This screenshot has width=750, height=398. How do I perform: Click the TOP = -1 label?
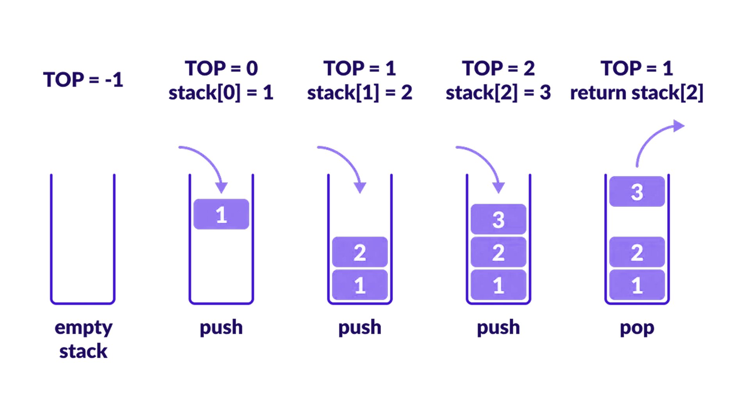click(x=83, y=80)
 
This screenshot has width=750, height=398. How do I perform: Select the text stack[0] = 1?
click(x=221, y=93)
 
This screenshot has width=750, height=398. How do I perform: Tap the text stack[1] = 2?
click(x=359, y=93)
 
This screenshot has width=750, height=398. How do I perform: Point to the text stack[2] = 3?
click(x=498, y=93)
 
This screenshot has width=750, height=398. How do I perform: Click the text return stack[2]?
click(x=637, y=93)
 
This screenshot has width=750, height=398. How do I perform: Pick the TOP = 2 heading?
click(x=498, y=68)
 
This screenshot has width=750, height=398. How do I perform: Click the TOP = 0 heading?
click(x=221, y=68)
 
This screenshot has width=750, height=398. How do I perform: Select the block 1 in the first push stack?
click(x=221, y=214)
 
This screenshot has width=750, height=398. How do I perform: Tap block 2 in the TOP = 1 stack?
click(x=360, y=252)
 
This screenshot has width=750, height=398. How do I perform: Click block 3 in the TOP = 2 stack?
click(x=498, y=219)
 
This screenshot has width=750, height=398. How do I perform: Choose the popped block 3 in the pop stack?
click(x=637, y=192)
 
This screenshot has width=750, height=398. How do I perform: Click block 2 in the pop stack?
click(x=637, y=252)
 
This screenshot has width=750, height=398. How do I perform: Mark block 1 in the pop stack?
click(x=637, y=285)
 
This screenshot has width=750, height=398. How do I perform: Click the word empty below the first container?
click(x=83, y=328)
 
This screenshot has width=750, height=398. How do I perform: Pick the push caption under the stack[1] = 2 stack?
click(x=360, y=328)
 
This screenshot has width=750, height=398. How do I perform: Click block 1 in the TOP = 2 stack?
click(x=498, y=285)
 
